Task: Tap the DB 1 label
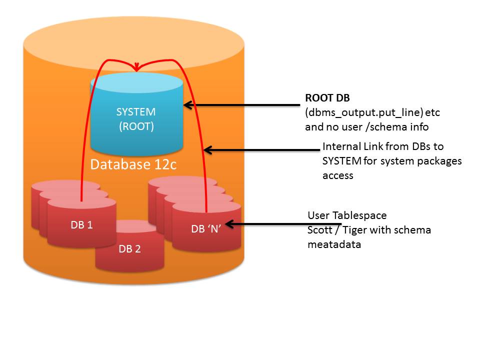(81, 225)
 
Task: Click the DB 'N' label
(206, 229)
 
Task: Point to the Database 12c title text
(133, 164)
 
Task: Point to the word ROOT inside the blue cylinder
(136, 126)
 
